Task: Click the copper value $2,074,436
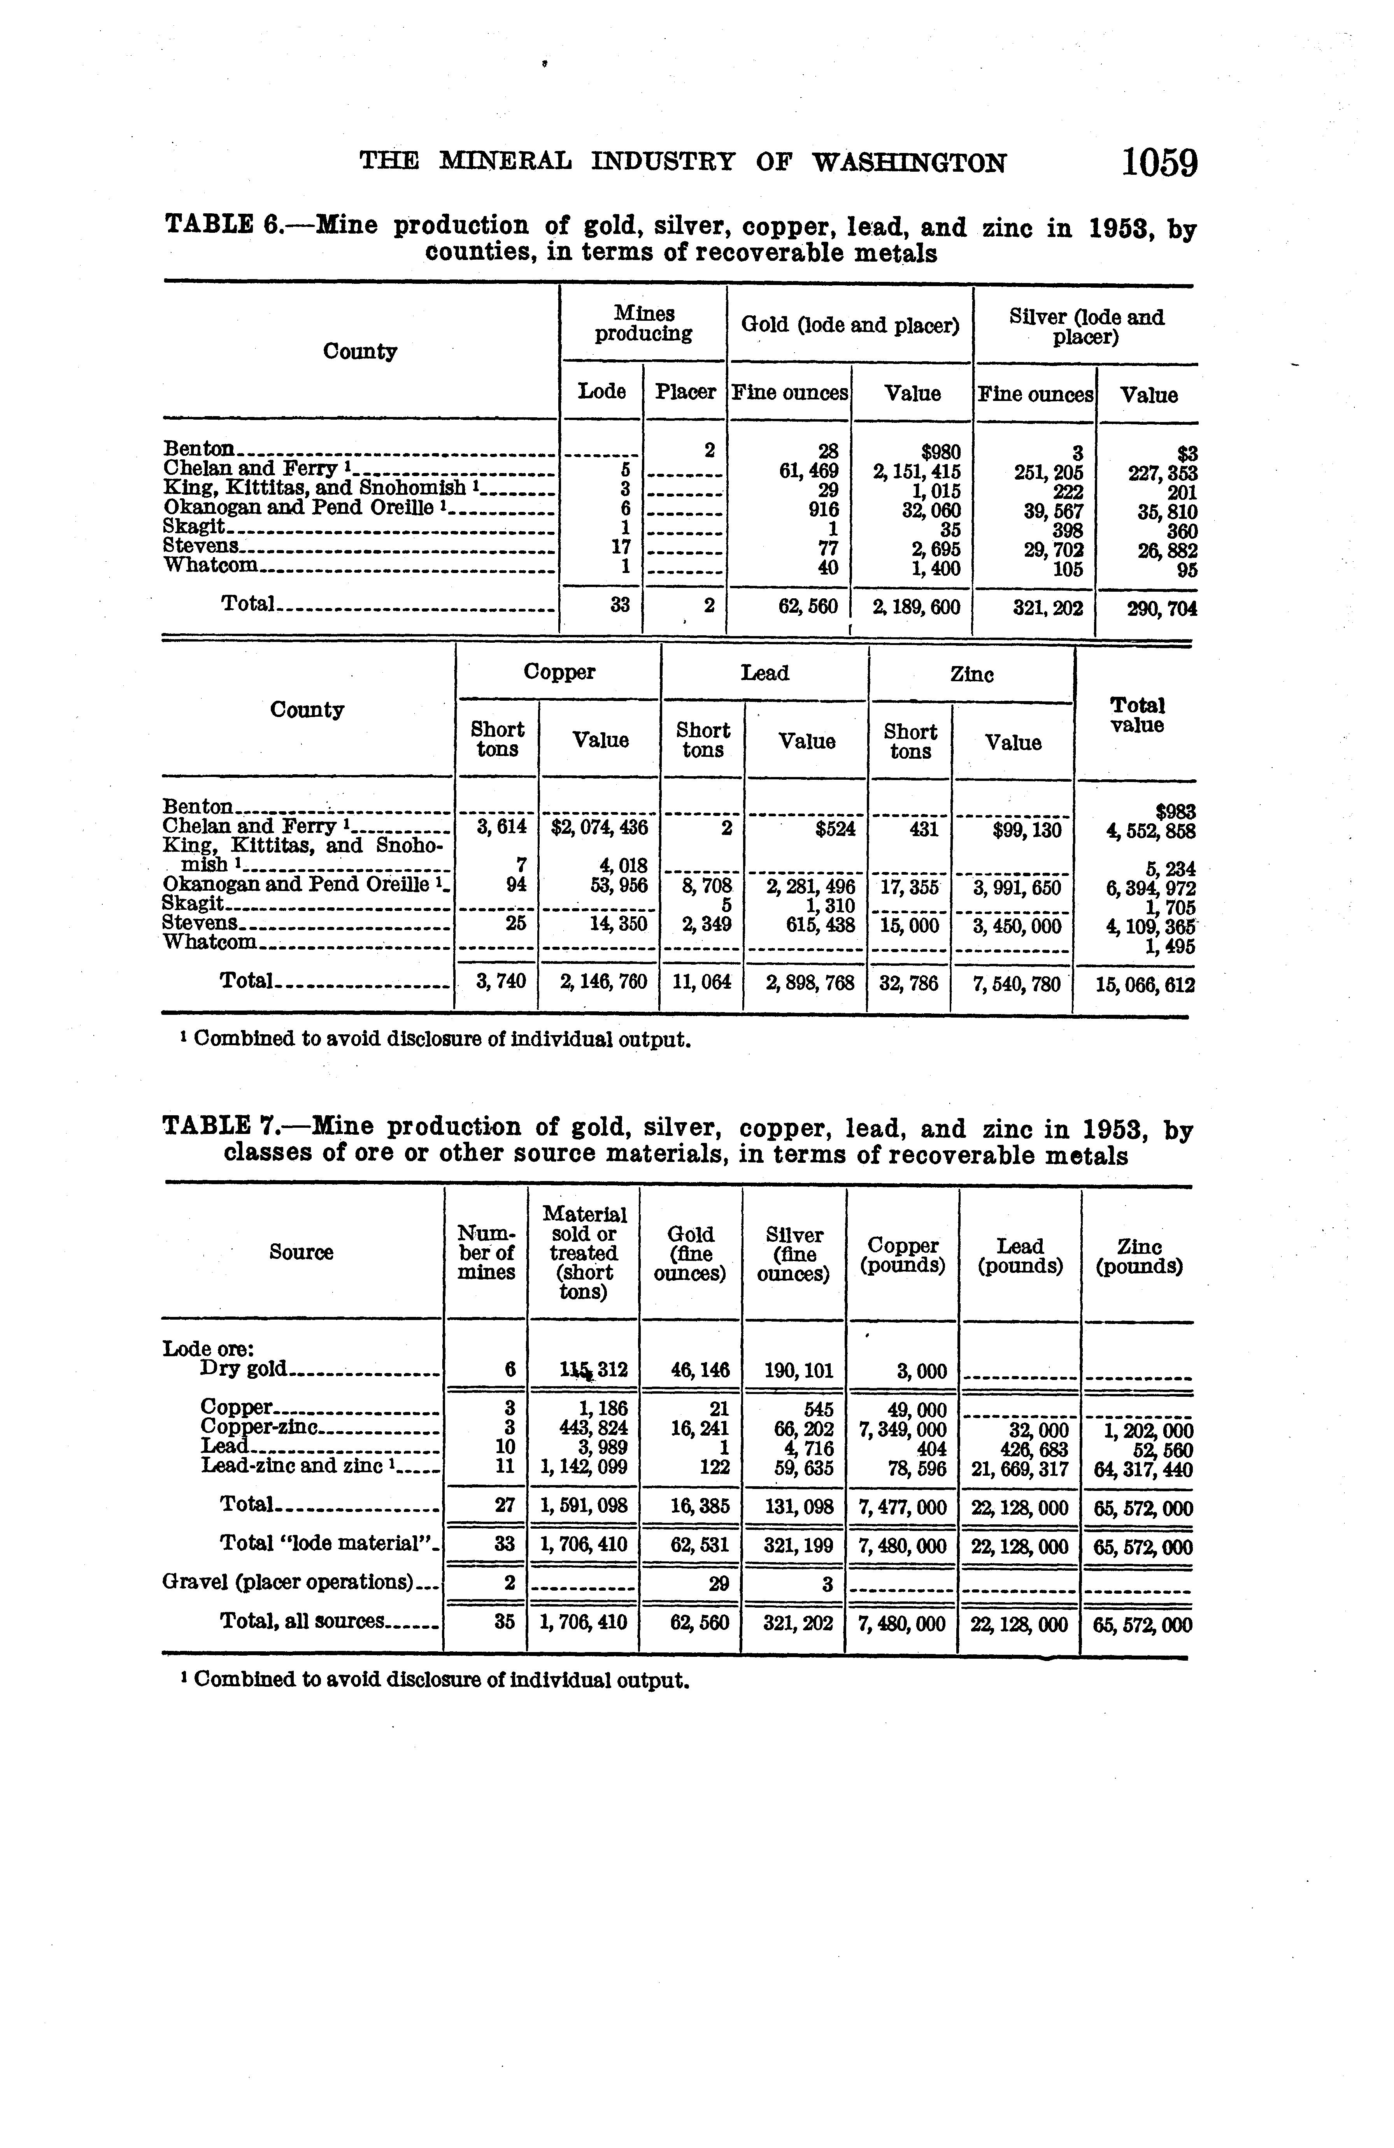(x=599, y=828)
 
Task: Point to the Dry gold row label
(x=244, y=1369)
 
